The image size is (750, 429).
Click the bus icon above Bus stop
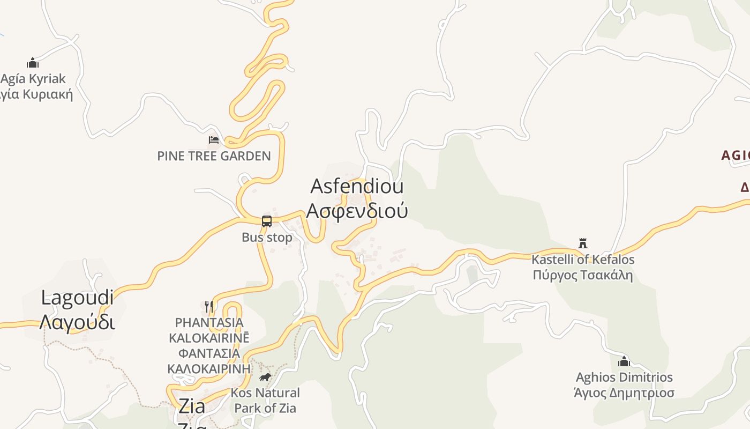(x=267, y=221)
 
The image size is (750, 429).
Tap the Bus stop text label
(x=267, y=237)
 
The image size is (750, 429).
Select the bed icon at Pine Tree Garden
(x=214, y=140)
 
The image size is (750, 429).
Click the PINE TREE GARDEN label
(x=214, y=156)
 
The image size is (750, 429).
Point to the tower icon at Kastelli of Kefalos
(x=583, y=243)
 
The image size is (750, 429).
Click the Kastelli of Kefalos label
(x=583, y=260)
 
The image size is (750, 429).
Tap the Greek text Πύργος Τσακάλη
(x=583, y=275)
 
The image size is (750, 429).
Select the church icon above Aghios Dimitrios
(x=624, y=361)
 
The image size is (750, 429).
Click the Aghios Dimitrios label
(x=624, y=377)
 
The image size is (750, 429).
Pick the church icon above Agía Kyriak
(x=33, y=63)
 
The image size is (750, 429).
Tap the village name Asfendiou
(x=357, y=187)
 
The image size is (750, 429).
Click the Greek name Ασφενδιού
(x=357, y=210)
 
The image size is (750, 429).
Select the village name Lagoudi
(x=78, y=298)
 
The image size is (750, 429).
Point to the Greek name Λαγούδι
(x=78, y=322)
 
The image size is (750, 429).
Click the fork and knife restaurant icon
(x=209, y=307)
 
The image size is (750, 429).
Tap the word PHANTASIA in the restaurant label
(x=209, y=323)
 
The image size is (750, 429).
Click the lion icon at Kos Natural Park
(x=265, y=378)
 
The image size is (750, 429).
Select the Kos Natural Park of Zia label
(x=265, y=400)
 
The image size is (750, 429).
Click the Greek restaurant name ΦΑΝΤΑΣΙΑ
(x=209, y=353)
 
